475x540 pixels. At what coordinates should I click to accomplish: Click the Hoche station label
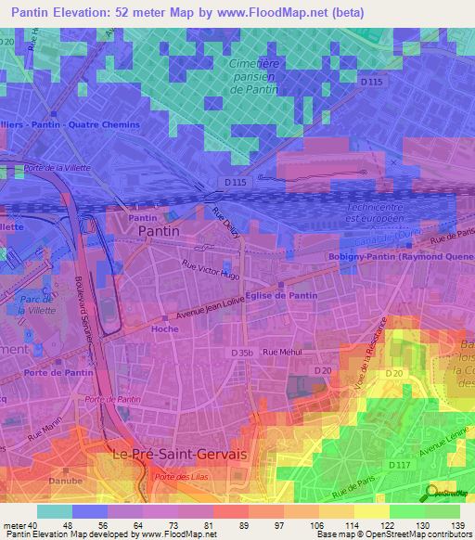[x=164, y=328]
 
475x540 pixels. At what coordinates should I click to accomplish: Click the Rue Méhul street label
[x=283, y=352]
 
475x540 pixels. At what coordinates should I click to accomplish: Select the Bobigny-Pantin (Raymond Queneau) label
[x=401, y=256]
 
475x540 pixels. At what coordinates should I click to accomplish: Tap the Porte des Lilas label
[x=179, y=477]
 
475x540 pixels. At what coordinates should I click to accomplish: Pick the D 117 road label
[x=400, y=464]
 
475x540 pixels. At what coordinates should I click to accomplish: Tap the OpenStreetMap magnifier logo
[x=431, y=493]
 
